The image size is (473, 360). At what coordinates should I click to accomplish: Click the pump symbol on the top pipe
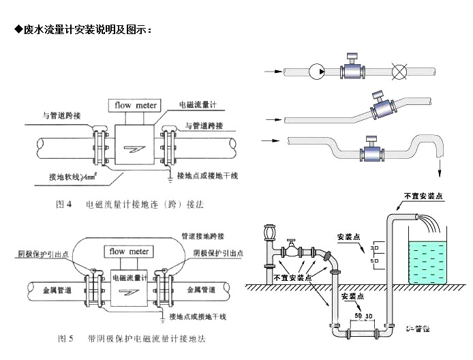click(x=317, y=71)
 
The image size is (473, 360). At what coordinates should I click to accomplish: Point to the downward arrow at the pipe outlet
click(x=440, y=166)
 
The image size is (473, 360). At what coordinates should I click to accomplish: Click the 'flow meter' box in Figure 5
click(x=129, y=252)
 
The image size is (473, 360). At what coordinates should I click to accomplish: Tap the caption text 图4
click(x=63, y=204)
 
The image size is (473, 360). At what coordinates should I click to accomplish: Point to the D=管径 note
click(x=416, y=329)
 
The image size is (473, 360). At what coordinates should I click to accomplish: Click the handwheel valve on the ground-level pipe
click(x=291, y=245)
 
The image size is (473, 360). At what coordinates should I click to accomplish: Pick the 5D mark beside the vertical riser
click(x=374, y=260)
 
